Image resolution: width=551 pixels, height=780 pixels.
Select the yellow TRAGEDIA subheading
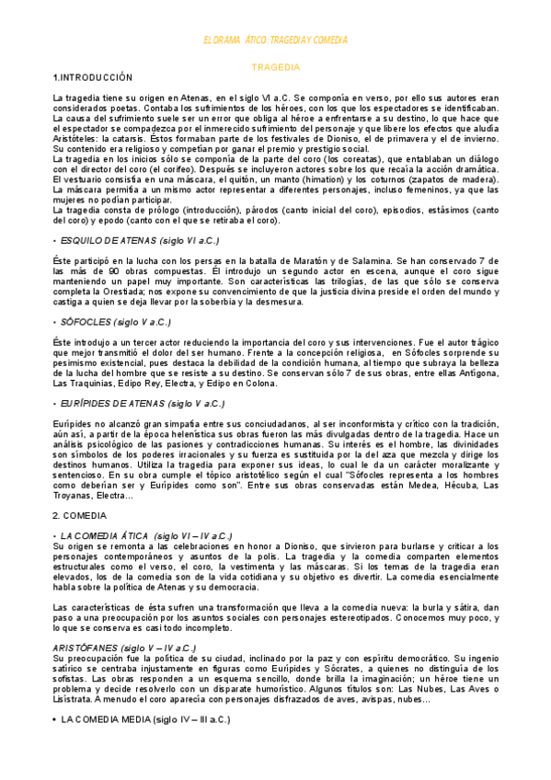(275, 67)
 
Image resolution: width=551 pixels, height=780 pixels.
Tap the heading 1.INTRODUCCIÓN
(94, 77)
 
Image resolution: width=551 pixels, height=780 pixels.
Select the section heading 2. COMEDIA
(81, 516)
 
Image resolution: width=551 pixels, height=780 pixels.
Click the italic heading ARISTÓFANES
(124, 648)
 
